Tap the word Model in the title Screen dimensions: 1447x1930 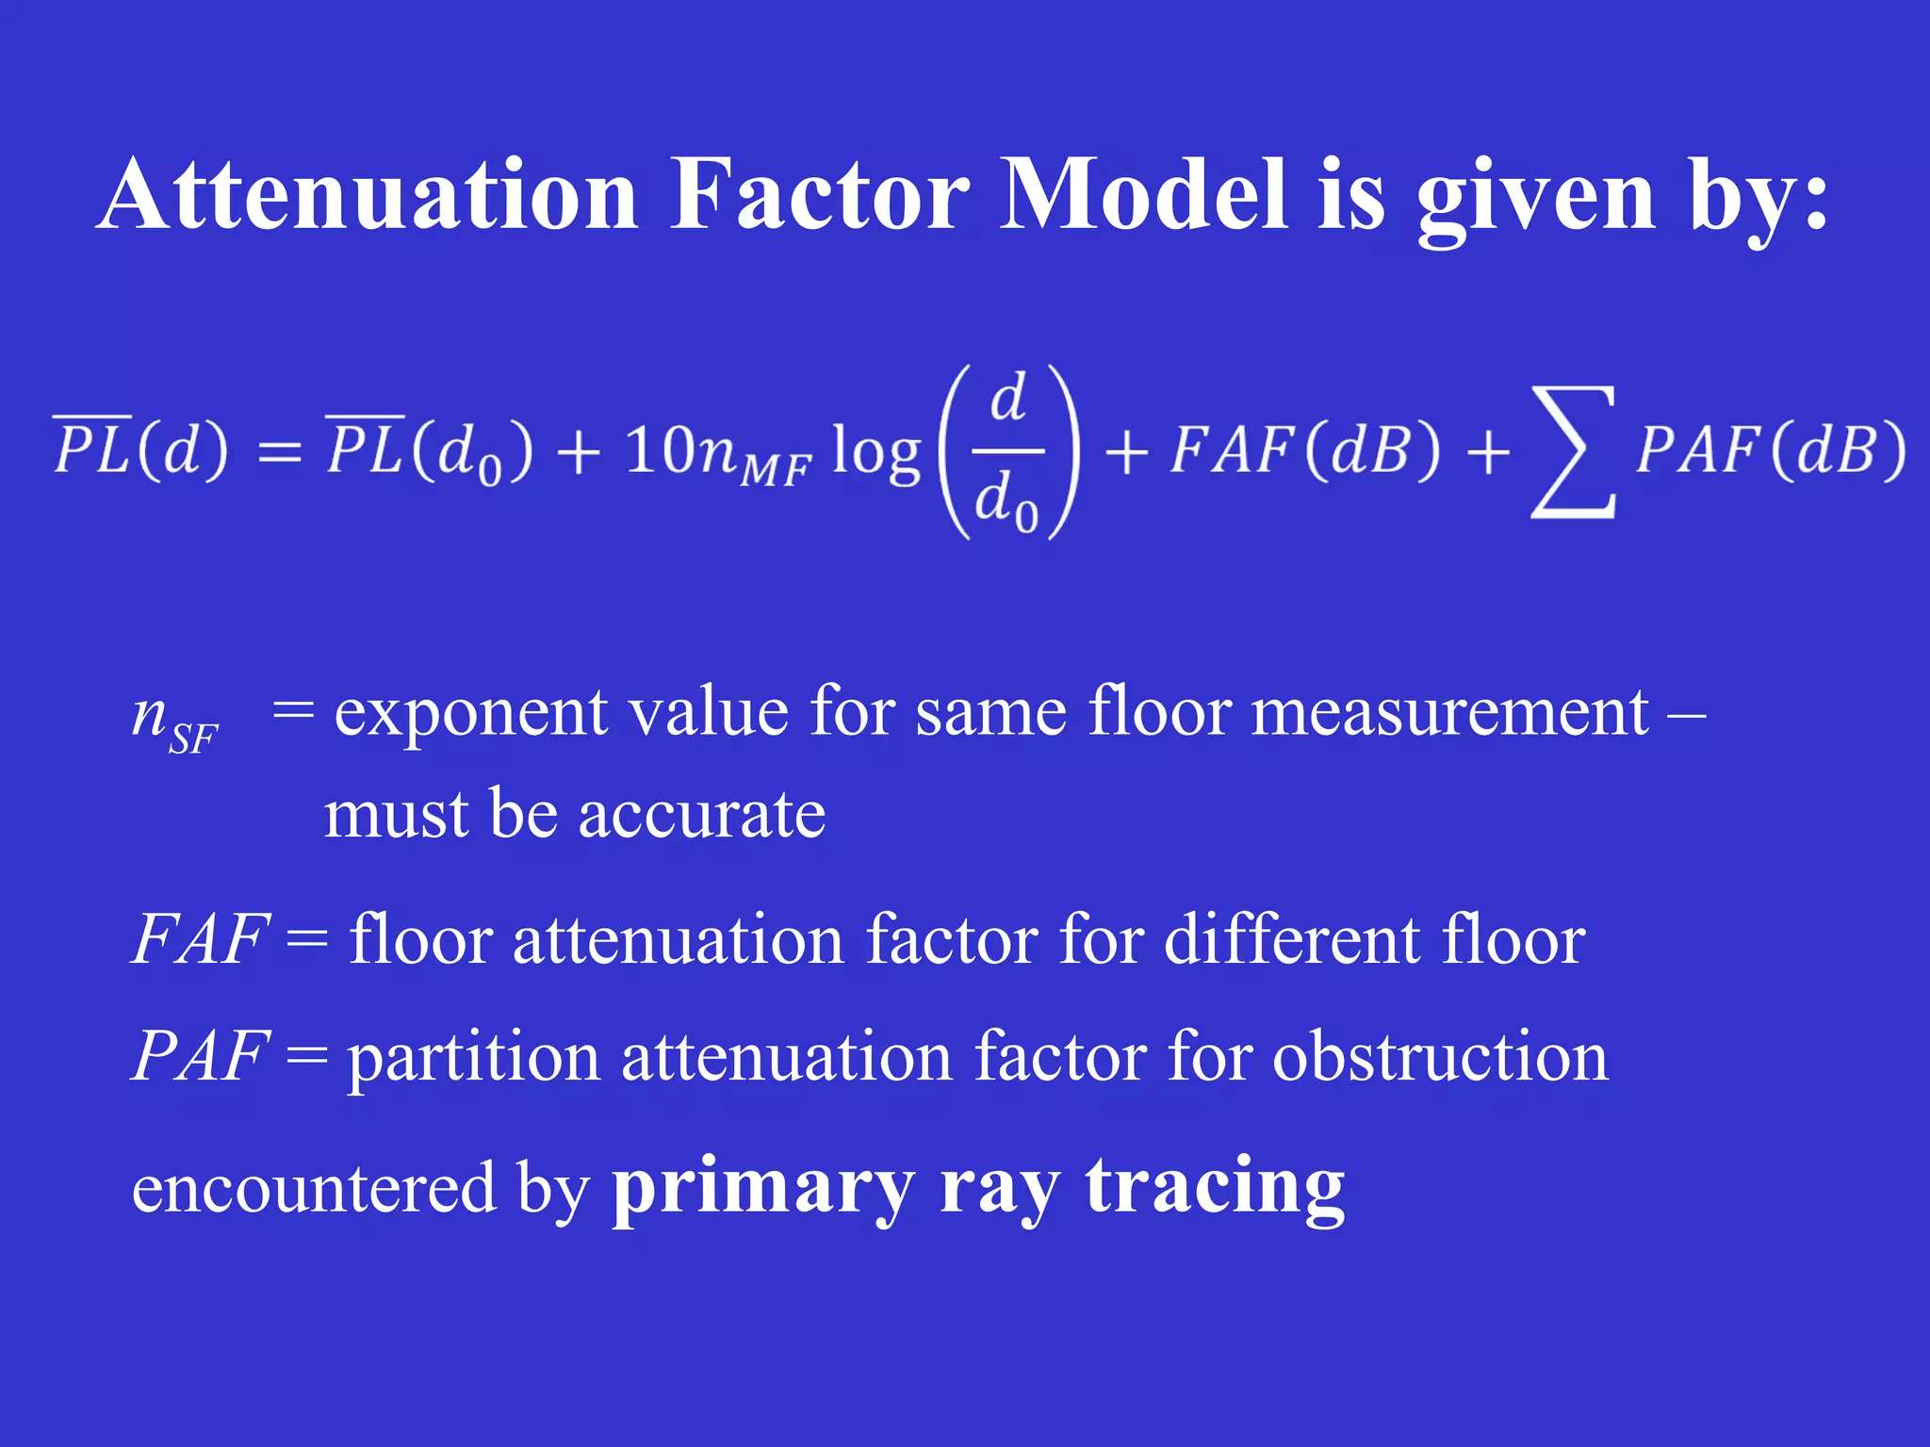1143,195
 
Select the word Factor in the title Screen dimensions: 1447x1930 819,195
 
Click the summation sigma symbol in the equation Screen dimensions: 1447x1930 1573,452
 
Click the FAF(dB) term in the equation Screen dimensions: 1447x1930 1305,449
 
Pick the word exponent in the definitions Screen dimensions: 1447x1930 470,712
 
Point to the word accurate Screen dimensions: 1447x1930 701,814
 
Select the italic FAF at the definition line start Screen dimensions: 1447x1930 200,939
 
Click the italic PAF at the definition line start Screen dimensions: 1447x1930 200,1056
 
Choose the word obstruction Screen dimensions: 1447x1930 1440,1056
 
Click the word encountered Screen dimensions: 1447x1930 313,1189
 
